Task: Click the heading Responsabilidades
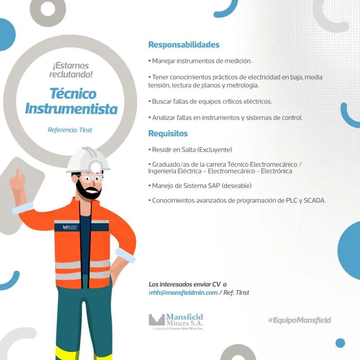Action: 184,45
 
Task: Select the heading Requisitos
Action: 168,133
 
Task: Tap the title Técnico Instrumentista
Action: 72,101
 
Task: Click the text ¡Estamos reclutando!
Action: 71,70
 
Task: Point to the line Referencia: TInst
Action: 70,130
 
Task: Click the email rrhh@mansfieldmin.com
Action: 183,292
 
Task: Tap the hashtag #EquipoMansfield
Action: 299,320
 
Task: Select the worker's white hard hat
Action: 88,160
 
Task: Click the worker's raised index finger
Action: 18,173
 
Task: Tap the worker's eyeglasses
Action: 93,177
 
